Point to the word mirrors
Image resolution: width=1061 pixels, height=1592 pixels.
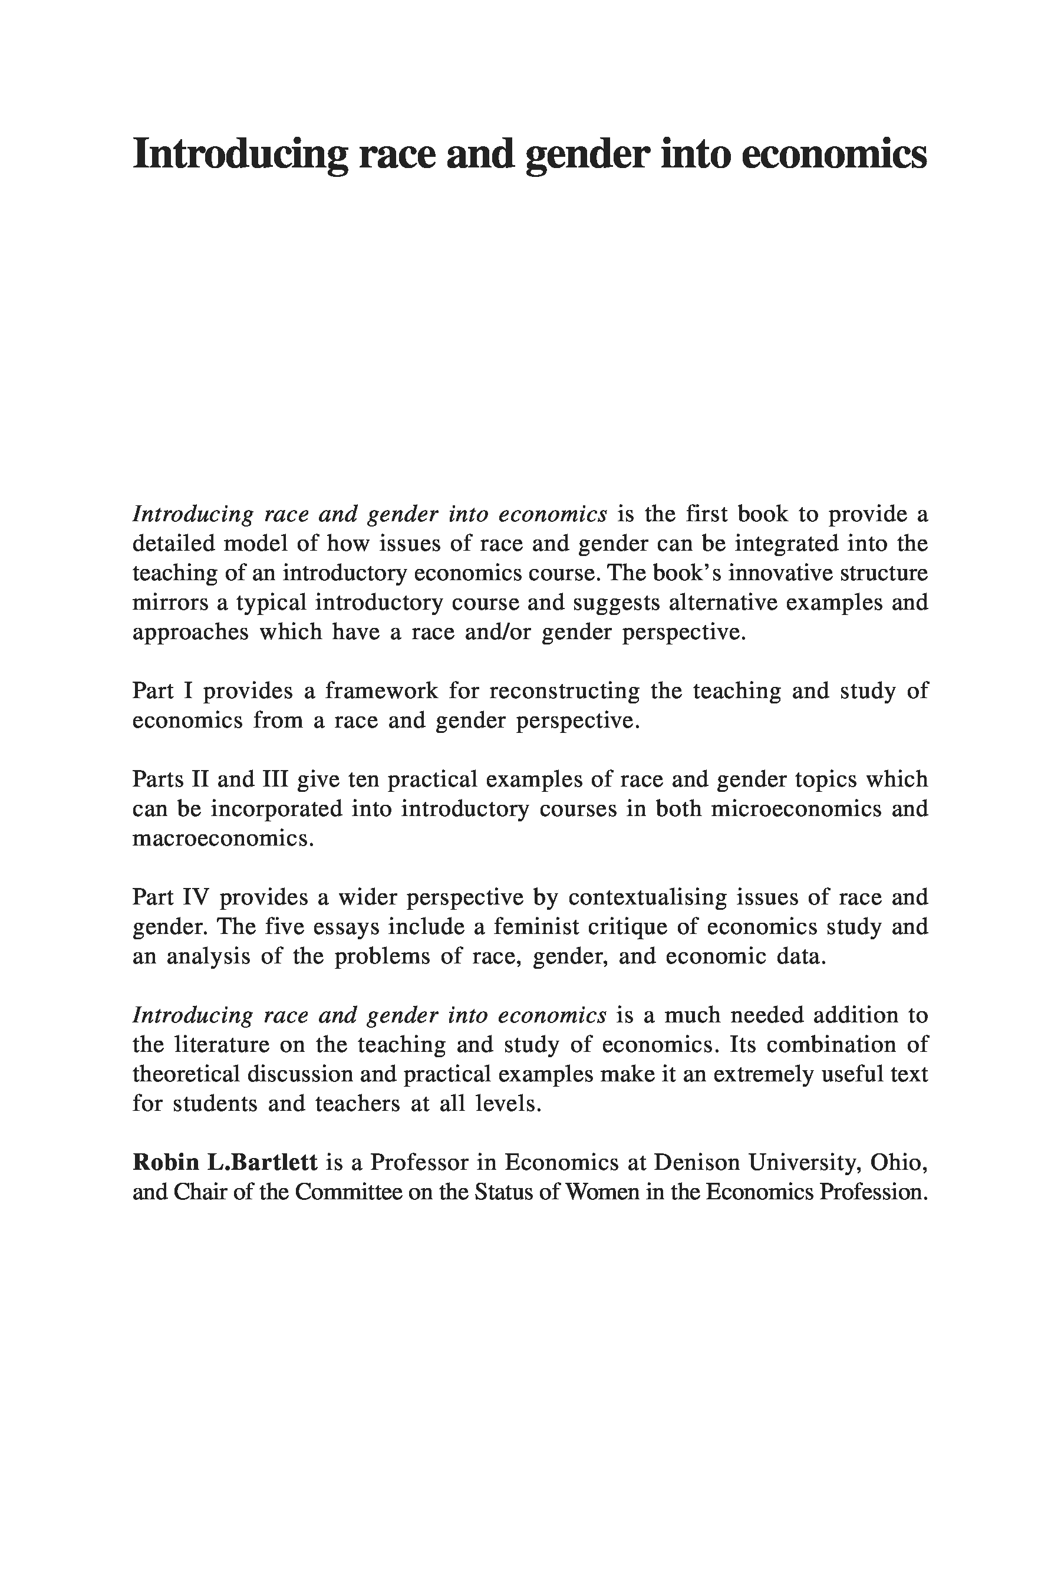170,603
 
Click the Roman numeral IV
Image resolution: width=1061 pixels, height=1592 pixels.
197,897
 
